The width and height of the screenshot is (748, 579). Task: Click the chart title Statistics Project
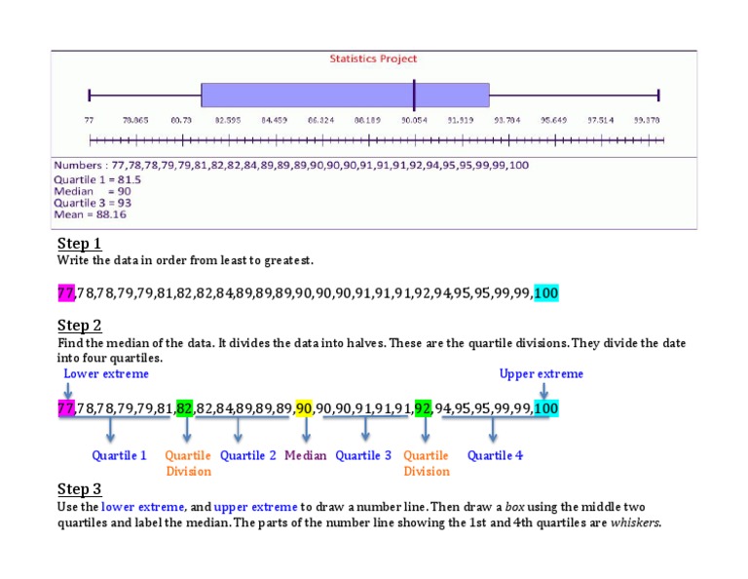[x=373, y=59]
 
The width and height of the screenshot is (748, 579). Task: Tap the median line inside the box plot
[x=414, y=95]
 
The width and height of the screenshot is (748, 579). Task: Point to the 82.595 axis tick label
[x=228, y=119]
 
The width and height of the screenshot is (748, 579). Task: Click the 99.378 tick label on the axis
[x=647, y=119]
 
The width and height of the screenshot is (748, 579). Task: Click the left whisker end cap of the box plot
[x=89, y=95]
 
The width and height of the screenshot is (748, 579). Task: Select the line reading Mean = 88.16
[x=90, y=214]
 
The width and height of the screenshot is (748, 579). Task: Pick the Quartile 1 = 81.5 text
[x=97, y=179]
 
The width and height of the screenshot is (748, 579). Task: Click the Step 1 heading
[x=80, y=244]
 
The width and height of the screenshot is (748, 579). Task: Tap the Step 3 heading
[x=80, y=489]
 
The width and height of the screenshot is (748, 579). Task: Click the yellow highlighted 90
[x=304, y=408]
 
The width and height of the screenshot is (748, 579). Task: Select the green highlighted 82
[x=185, y=408]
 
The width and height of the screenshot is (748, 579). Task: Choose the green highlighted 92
[x=423, y=408]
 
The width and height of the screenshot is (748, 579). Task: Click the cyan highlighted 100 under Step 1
[x=546, y=293]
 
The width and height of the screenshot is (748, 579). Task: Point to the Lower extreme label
[x=106, y=373]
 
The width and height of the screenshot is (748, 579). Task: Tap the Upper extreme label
[x=542, y=373]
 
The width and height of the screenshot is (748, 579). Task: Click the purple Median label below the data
[x=306, y=455]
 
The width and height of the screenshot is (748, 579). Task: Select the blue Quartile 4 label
[x=495, y=455]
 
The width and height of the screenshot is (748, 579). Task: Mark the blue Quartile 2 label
[x=248, y=455]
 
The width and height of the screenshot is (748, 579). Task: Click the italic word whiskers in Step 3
[x=635, y=522]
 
